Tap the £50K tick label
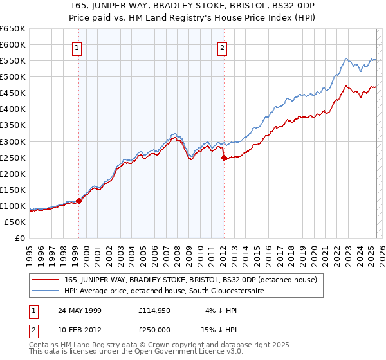coord(15,222)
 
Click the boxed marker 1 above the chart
coord(77,48)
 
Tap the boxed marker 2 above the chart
coord(222,48)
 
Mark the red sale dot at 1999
coord(79,201)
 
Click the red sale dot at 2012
coord(224,157)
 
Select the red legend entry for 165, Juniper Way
coord(190,280)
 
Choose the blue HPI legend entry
coord(164,291)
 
